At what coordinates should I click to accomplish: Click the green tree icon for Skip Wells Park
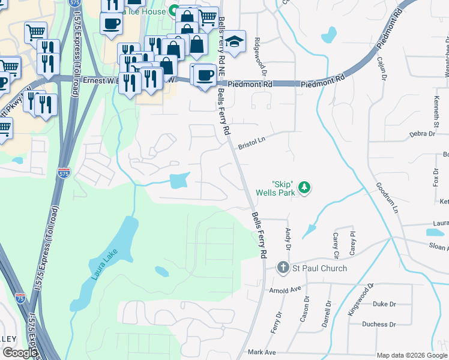[x=305, y=188]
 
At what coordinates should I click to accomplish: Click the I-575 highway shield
[x=64, y=173]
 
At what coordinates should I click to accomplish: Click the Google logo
[x=20, y=353]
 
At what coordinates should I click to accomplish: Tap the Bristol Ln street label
[x=251, y=142]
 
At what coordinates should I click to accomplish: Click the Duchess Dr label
[x=379, y=325]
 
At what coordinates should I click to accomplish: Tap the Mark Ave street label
[x=261, y=352]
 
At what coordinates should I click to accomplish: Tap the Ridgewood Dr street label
[x=258, y=52]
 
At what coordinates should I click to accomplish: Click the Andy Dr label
[x=288, y=238]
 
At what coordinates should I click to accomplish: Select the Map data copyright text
[x=411, y=355]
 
